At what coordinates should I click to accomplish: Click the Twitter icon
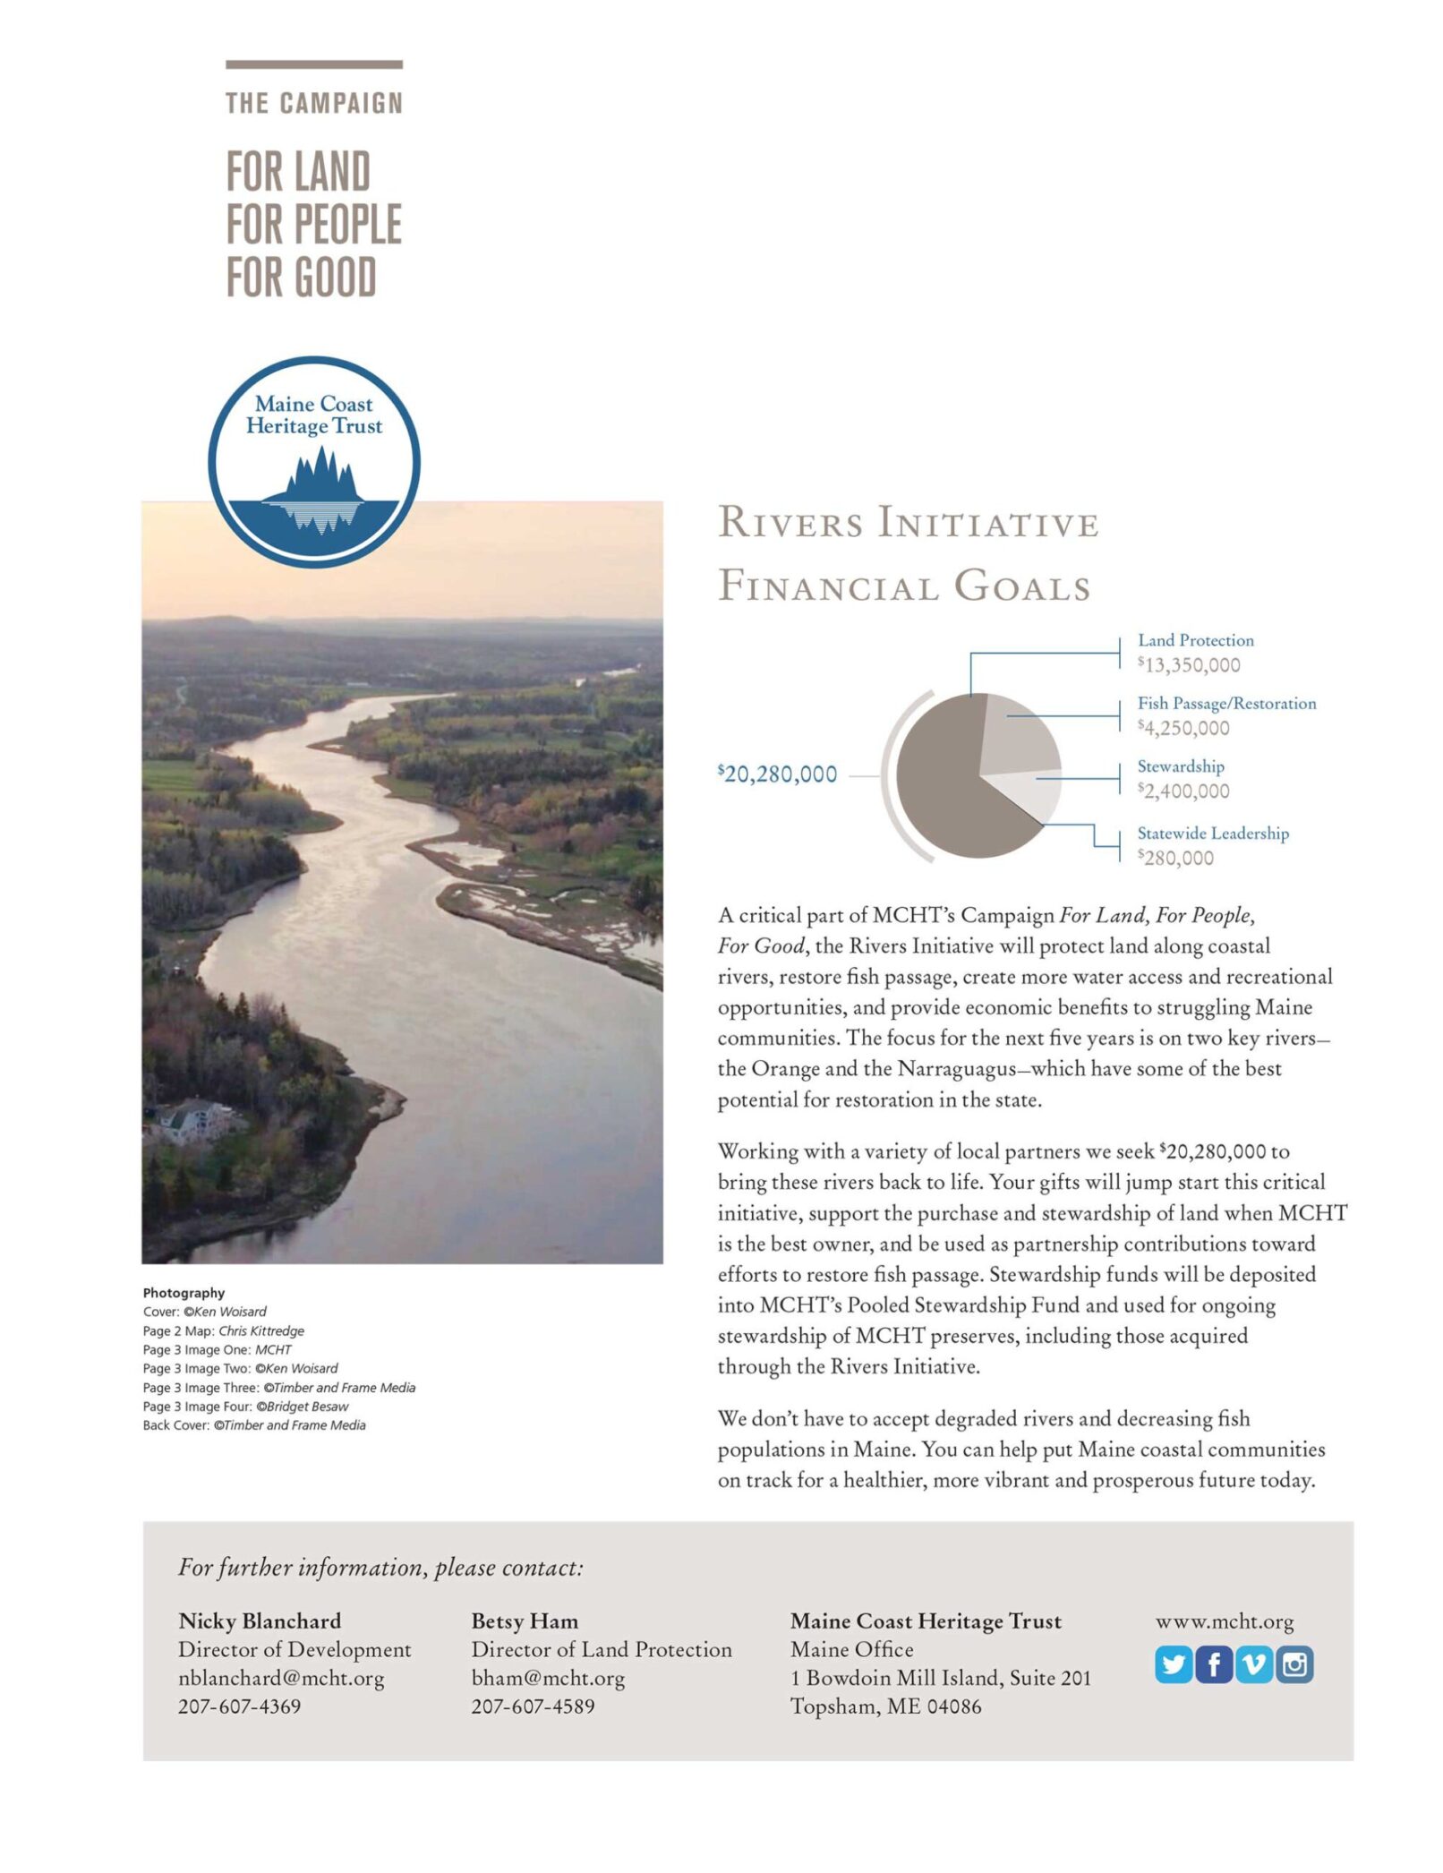point(1173,1664)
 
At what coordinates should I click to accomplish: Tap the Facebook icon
point(1213,1664)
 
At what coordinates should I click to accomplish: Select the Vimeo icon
point(1253,1664)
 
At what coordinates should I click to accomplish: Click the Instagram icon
point(1294,1664)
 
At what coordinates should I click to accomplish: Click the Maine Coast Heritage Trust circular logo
point(314,462)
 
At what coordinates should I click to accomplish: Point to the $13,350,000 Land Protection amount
point(1189,665)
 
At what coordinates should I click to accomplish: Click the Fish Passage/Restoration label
point(1226,704)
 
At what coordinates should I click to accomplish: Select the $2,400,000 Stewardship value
point(1183,791)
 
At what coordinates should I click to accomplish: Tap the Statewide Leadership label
point(1213,834)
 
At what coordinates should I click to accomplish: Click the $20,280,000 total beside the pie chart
point(777,774)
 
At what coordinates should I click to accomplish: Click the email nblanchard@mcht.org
point(281,1678)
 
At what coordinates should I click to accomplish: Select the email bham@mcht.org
point(548,1678)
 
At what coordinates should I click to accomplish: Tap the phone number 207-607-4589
point(533,1706)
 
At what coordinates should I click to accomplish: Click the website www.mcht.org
point(1225,1621)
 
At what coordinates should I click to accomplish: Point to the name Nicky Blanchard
point(260,1621)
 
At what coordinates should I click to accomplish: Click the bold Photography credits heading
point(184,1293)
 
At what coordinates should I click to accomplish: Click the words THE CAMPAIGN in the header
point(314,104)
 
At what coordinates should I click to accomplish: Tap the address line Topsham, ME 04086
point(885,1706)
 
